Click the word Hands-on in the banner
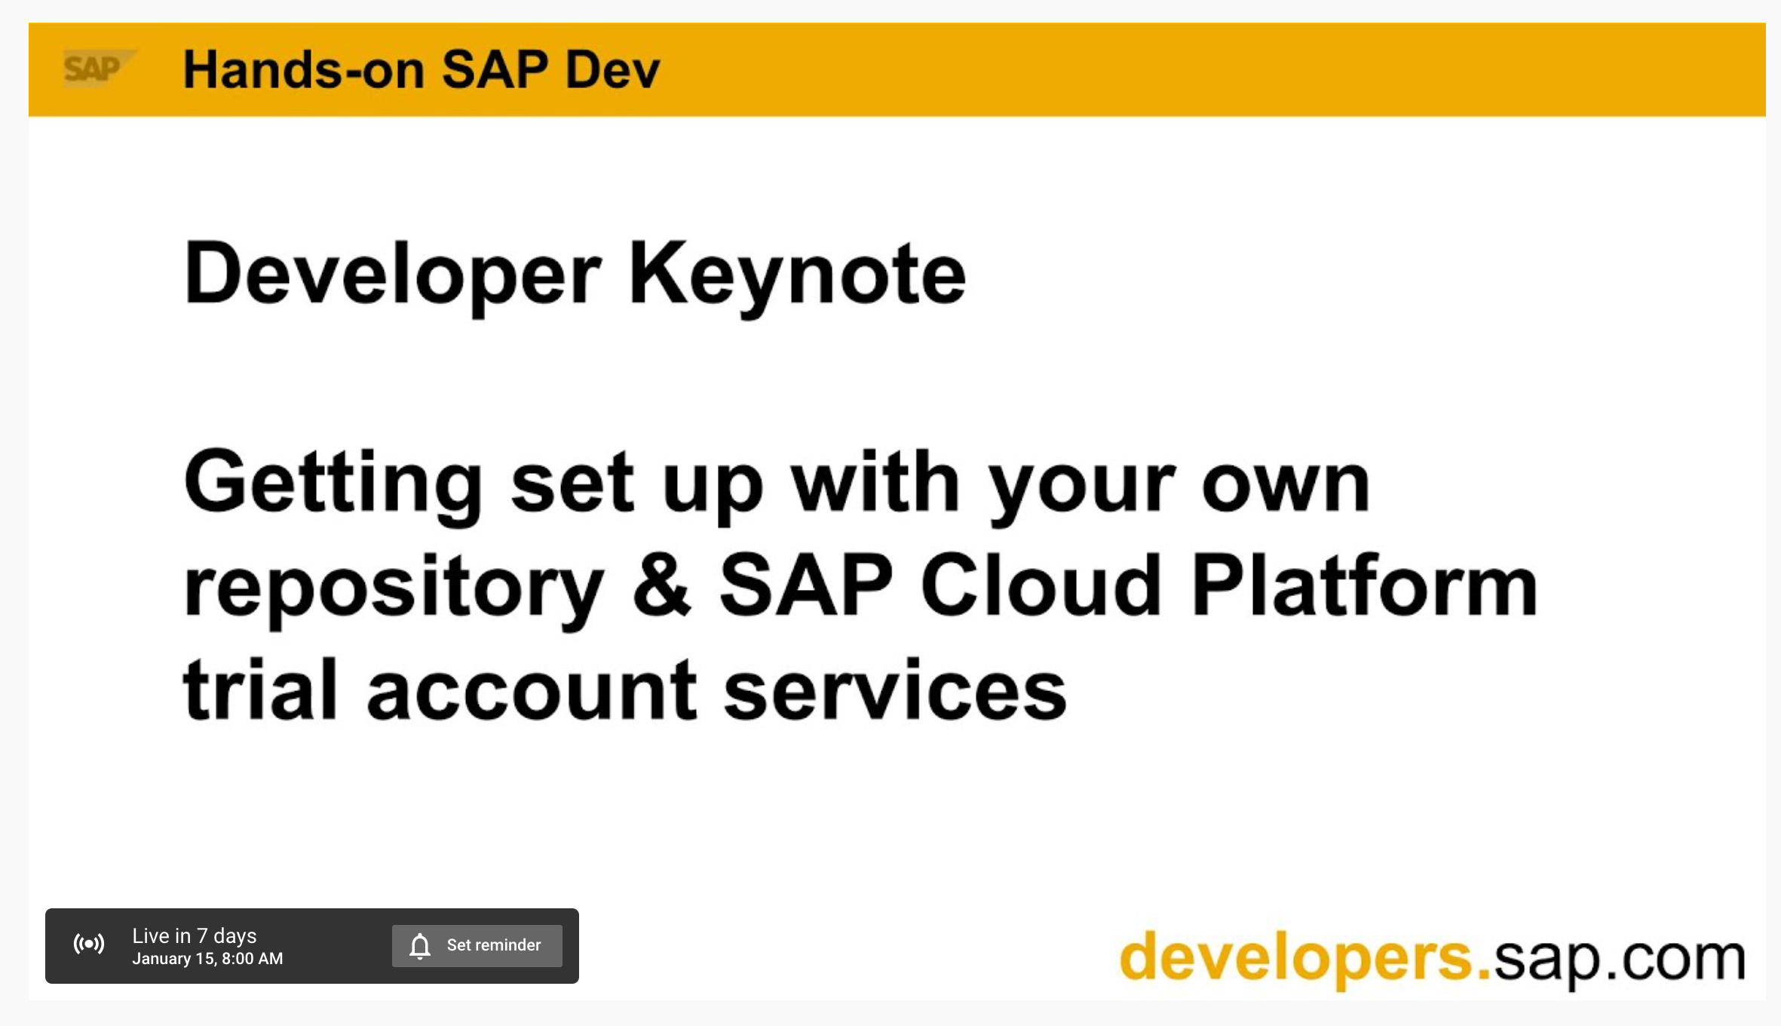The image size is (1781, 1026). (304, 69)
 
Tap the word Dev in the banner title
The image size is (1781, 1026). (612, 69)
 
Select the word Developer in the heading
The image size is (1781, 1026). (393, 276)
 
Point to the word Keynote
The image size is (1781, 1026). (798, 276)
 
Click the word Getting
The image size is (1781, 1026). (334, 485)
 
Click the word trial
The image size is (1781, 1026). (260, 688)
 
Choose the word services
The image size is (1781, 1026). (895, 688)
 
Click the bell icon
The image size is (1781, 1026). (420, 946)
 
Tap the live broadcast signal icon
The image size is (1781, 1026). (89, 944)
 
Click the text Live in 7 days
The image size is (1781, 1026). (195, 936)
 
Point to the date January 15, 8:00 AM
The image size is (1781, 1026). (207, 959)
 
